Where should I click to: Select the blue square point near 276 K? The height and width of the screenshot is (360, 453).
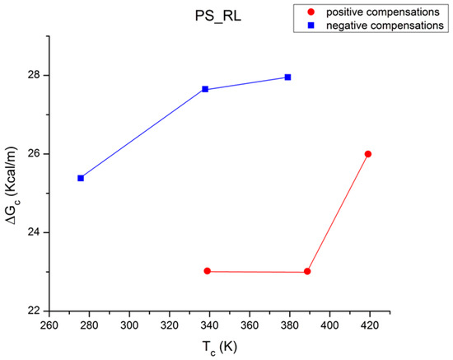pos(81,178)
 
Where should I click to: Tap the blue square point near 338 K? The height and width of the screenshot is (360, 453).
pos(204,89)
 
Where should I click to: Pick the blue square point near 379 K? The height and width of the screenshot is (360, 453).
pos(287,77)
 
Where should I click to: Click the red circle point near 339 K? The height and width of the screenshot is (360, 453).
pos(207,271)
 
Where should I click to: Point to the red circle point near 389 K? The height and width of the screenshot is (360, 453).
pos(307,271)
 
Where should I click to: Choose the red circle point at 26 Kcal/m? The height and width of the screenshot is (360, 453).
pos(368,154)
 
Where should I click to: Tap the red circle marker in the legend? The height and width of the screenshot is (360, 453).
pos(309,12)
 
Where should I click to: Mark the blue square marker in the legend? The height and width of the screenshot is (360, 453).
pos(309,26)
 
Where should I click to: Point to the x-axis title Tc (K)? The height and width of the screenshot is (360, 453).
pos(220,346)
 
